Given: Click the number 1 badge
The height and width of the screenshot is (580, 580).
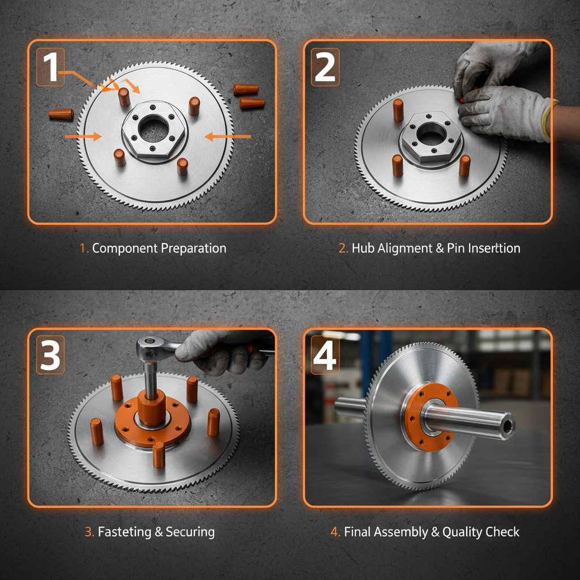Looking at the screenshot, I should (50, 67).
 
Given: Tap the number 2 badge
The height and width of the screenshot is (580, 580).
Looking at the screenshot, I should (325, 67).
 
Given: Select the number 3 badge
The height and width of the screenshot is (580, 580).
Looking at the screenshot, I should (51, 355).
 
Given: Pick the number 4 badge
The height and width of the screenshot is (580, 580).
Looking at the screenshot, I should (325, 355).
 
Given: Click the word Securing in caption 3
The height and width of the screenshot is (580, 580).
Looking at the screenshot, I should (190, 532).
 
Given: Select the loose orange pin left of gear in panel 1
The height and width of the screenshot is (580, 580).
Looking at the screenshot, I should (61, 114).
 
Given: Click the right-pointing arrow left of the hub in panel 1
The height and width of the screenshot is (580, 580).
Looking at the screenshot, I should (84, 136).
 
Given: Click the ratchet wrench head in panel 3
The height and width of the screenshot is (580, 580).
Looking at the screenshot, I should (151, 343).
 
